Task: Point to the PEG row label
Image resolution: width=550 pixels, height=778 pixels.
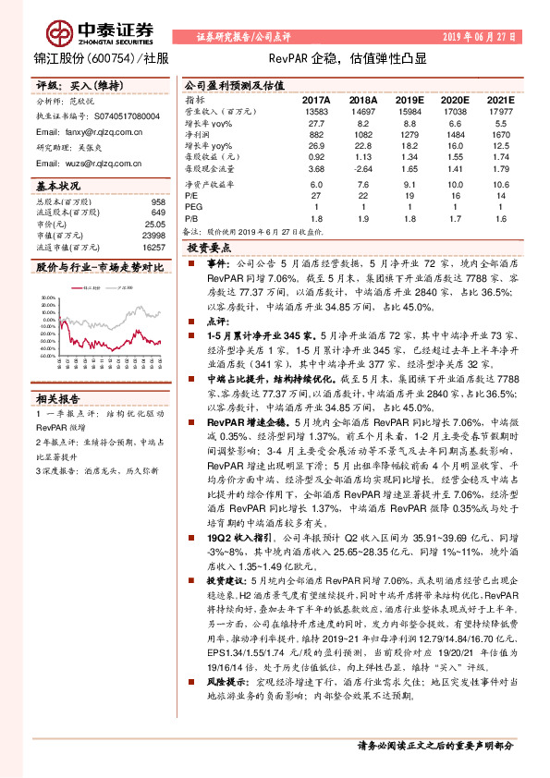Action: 192,209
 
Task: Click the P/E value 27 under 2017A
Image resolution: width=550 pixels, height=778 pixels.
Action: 315,197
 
